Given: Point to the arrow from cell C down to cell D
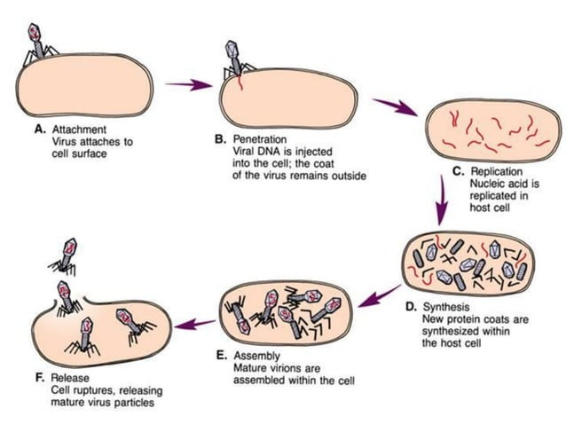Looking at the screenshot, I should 441,200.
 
